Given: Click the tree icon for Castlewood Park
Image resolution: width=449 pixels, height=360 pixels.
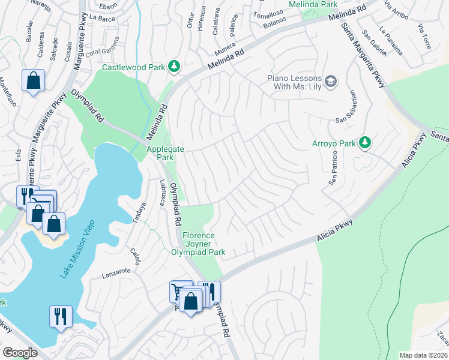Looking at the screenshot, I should click(x=174, y=66).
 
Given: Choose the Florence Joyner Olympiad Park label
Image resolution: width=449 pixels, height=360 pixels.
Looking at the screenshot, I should click(x=204, y=244).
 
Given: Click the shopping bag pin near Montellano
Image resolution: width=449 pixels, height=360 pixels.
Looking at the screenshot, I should click(x=34, y=80).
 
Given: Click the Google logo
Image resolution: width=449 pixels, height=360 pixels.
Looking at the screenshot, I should click(x=20, y=353).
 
